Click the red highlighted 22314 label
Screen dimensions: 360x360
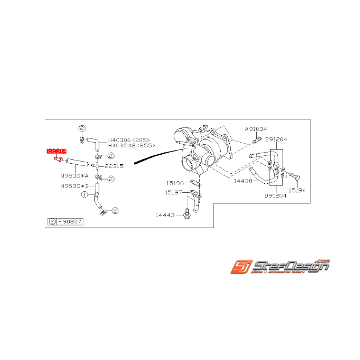[x=57, y=151]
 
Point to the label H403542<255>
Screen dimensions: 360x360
[x=131, y=145]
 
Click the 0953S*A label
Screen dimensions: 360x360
[x=75, y=175]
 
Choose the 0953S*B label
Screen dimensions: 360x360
[x=75, y=186]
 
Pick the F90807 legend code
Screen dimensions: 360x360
[x=70, y=222]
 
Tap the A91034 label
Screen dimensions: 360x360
[x=255, y=129]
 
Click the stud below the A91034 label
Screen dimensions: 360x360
[x=255, y=140]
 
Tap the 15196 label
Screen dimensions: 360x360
[x=175, y=183]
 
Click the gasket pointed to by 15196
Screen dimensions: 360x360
[x=196, y=184]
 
